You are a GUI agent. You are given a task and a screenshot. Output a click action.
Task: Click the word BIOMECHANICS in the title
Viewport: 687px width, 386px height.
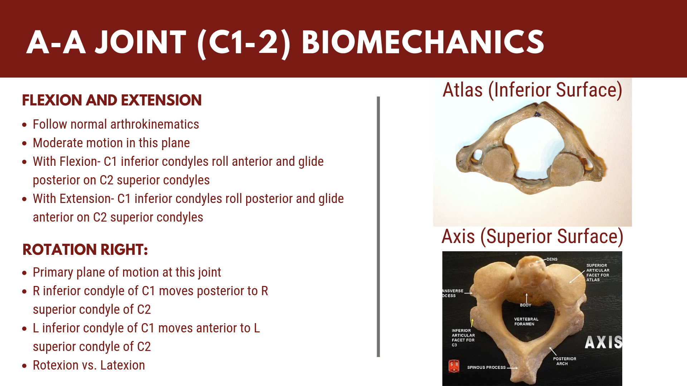423,42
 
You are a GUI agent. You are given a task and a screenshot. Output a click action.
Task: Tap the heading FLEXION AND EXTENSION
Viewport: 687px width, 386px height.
112,100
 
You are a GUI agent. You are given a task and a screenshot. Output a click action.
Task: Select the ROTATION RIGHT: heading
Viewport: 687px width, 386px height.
85,249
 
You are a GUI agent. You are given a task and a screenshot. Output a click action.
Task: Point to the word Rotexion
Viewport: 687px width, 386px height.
56,365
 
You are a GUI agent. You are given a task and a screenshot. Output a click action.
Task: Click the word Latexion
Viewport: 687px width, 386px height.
122,365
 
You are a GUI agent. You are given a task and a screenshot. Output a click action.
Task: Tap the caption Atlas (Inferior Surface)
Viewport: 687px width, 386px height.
532,90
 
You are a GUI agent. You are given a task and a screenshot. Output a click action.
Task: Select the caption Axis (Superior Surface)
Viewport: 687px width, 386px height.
532,237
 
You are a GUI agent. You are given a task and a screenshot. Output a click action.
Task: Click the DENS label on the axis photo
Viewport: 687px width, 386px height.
552,259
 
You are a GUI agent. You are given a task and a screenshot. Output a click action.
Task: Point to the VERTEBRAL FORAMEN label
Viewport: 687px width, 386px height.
526,321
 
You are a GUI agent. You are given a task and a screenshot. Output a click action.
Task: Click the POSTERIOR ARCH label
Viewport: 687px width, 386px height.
565,361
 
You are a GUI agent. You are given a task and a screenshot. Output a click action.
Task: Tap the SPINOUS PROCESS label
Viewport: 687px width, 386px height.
486,367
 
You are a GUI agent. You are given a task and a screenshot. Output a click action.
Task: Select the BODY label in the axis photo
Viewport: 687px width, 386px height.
525,305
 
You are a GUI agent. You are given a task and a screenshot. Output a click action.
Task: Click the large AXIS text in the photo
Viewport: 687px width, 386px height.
604,342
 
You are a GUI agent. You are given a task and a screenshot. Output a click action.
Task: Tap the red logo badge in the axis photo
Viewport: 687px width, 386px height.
454,366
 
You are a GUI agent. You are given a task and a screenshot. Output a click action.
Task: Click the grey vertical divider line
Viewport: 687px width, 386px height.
378,227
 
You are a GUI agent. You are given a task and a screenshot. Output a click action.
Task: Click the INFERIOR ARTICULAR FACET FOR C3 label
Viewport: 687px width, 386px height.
463,338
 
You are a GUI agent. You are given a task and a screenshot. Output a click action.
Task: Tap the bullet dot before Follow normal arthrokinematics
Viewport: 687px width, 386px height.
24,125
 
